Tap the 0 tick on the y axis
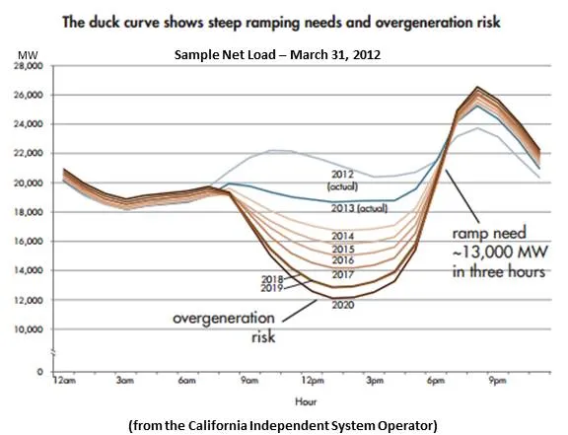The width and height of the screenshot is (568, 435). pyautogui.click(x=42, y=372)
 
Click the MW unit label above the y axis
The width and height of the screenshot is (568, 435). pyautogui.click(x=35, y=55)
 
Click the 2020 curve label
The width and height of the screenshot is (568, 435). pyautogui.click(x=342, y=305)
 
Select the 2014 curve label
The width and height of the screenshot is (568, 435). pyautogui.click(x=342, y=237)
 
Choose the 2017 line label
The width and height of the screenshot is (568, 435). pyautogui.click(x=342, y=274)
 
